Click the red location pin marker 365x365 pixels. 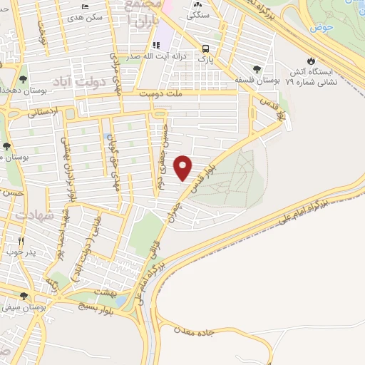[184, 166]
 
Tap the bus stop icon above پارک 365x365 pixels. [206, 48]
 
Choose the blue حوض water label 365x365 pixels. [322, 27]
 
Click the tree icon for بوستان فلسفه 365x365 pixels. [257, 70]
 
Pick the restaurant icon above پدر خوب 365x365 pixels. [21, 241]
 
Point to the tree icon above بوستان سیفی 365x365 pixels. [24, 296]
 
